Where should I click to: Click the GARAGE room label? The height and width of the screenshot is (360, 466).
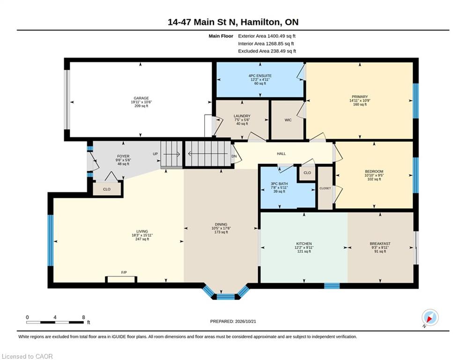pos(141,98)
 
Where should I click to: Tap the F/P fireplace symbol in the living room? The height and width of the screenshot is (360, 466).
pos(121,279)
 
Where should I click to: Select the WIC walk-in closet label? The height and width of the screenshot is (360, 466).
pos(288,120)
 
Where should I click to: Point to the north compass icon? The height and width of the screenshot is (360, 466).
pos(430,317)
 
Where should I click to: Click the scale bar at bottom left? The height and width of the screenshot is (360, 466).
pos(55,322)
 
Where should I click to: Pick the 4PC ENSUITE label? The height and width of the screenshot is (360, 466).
pos(260,76)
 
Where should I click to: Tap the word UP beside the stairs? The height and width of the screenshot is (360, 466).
pos(155,154)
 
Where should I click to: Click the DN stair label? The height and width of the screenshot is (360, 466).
pos(234,156)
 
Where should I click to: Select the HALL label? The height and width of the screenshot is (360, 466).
pos(281,154)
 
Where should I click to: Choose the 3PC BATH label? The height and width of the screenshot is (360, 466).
pos(279,184)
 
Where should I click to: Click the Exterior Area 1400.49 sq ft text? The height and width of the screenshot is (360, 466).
pos(266,36)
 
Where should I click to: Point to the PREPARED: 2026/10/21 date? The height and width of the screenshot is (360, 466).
pos(233,321)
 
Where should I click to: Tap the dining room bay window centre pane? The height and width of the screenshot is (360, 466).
pos(226,296)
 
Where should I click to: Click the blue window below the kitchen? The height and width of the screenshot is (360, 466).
pos(332,286)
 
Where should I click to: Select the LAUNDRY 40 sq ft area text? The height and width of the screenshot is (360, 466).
pos(242,124)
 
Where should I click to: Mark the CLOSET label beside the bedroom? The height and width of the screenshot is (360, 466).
pos(325,188)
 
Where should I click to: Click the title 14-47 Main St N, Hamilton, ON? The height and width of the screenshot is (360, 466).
pos(233,22)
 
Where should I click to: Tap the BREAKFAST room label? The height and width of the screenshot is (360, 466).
pos(380,244)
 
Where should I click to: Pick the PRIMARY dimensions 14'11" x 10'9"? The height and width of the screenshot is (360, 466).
pos(360,101)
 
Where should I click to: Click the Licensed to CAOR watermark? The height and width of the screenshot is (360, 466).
pos(27,356)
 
